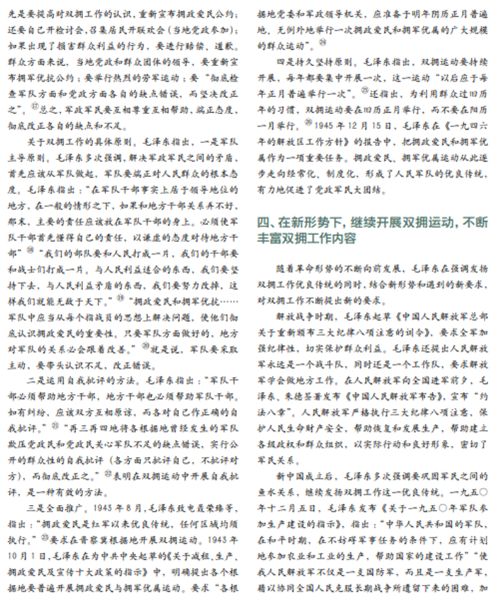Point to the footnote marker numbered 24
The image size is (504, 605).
point(323,42)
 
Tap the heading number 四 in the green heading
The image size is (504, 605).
point(265,222)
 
